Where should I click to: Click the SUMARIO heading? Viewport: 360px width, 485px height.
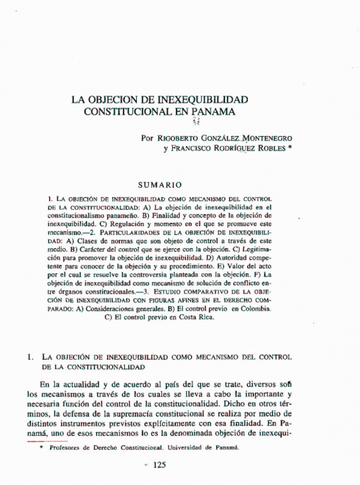pos(160,185)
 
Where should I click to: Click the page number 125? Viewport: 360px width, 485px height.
pos(163,465)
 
